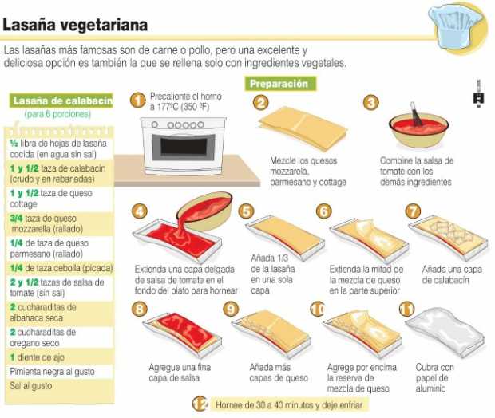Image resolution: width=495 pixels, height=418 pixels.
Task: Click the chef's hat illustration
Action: [455, 27]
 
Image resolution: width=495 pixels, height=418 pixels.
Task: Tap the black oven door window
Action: [184, 146]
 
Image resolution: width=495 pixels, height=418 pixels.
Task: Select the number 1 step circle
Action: [137, 101]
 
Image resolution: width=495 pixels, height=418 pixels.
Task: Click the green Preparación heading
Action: [280, 84]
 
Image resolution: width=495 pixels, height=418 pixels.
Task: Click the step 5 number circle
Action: [246, 211]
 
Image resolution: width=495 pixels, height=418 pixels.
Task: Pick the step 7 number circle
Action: [413, 211]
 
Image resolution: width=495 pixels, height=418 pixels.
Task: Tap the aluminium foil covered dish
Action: [445, 333]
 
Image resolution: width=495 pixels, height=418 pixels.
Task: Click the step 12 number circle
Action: [200, 404]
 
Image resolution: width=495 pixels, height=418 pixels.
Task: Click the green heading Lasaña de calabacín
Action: [61, 101]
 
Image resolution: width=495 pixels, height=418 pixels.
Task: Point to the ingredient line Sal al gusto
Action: [30, 385]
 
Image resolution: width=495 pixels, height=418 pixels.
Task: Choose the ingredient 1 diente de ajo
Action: [37, 357]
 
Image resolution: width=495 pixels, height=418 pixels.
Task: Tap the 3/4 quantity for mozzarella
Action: [16, 218]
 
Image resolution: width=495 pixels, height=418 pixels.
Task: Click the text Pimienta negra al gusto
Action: [52, 371]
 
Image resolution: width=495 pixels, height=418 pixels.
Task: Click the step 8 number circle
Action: [139, 309]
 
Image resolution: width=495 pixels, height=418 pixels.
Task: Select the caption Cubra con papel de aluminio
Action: [434, 377]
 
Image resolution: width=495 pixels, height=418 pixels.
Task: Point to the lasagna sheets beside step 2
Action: [303, 128]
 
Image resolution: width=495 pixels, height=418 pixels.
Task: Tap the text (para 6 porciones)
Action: [57, 114]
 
